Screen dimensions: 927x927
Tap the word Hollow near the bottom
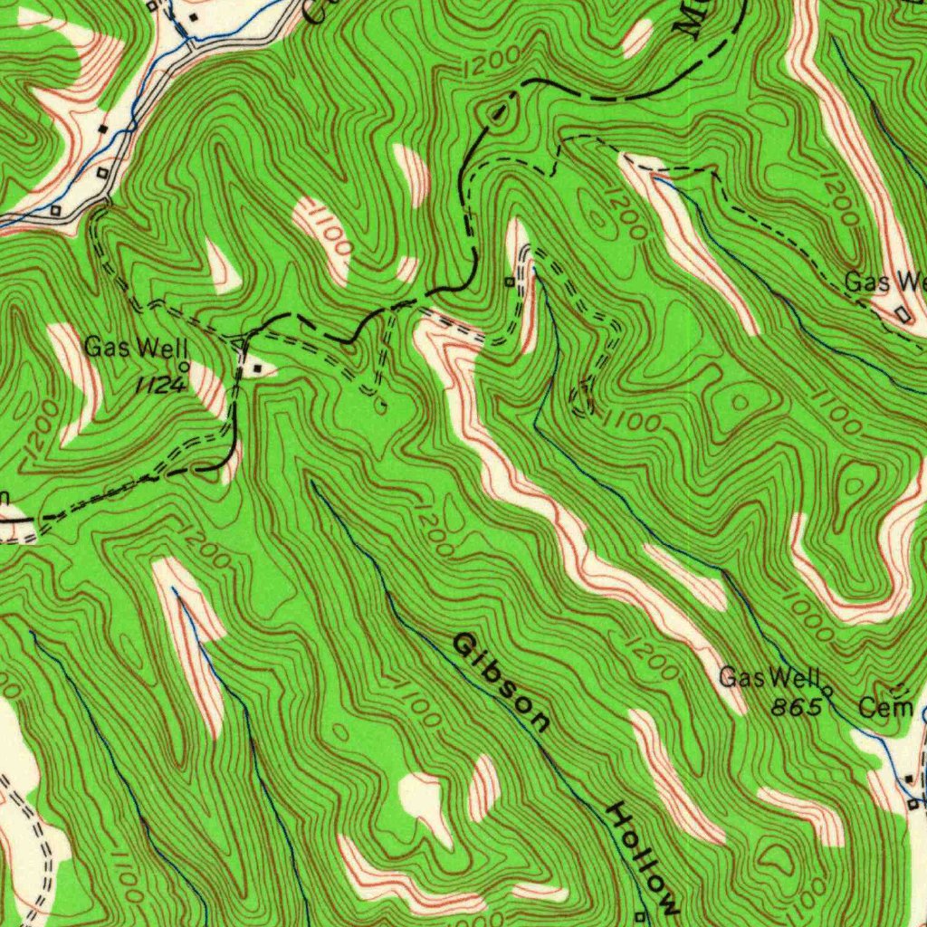[643, 855]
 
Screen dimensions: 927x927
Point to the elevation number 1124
[160, 386]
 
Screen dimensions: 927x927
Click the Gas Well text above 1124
[136, 347]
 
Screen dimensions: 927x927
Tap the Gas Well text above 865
[769, 676]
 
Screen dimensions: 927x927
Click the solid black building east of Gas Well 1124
[259, 368]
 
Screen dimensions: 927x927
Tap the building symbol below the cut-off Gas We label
[903, 313]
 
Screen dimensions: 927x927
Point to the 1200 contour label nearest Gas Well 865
[650, 658]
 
